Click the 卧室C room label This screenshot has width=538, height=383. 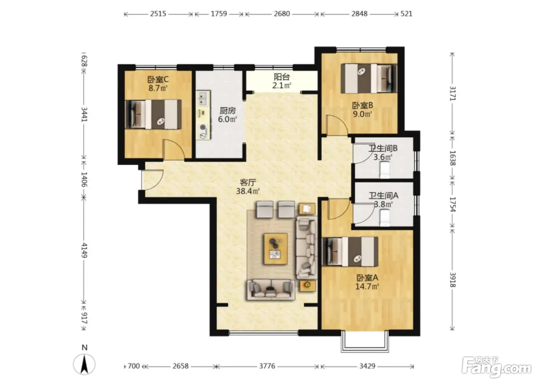tap(158, 79)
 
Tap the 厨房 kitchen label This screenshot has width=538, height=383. tap(227, 110)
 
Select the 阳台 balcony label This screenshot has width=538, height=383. tap(282, 77)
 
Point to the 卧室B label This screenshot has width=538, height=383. tap(362, 105)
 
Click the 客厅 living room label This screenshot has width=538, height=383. tap(248, 182)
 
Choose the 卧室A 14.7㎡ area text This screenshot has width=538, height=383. tap(367, 286)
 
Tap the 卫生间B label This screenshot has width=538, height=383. tap(383, 148)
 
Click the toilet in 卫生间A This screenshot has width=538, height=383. tap(385, 217)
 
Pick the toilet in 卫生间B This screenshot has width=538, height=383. tap(385, 170)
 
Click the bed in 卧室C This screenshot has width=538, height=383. tap(153, 115)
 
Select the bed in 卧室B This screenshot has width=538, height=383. tap(369, 78)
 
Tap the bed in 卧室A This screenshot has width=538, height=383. tap(350, 252)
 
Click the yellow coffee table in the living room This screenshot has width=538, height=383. tap(276, 249)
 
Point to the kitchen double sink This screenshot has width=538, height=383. tap(204, 99)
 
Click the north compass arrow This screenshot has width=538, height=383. tap(84, 365)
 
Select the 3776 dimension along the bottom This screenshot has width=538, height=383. tap(267, 366)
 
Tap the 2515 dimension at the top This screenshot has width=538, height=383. tap(158, 14)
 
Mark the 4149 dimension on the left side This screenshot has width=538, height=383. tap(84, 250)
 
